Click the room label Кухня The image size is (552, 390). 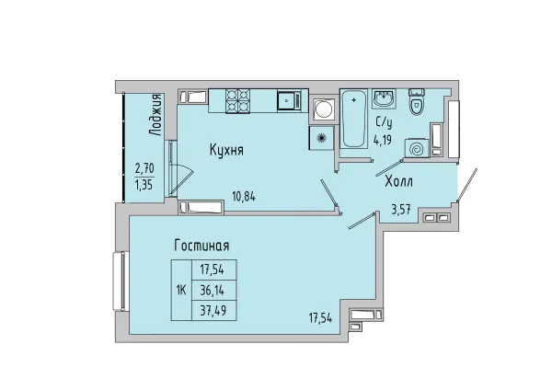(225, 151)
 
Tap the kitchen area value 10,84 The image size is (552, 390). (243, 196)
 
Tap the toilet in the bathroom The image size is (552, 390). (417, 102)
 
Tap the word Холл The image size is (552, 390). (398, 182)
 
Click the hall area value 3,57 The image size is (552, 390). (402, 209)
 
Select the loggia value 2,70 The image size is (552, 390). (144, 168)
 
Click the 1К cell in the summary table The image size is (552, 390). (180, 290)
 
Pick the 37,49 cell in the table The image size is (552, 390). (213, 310)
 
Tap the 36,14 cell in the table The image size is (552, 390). (213, 290)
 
